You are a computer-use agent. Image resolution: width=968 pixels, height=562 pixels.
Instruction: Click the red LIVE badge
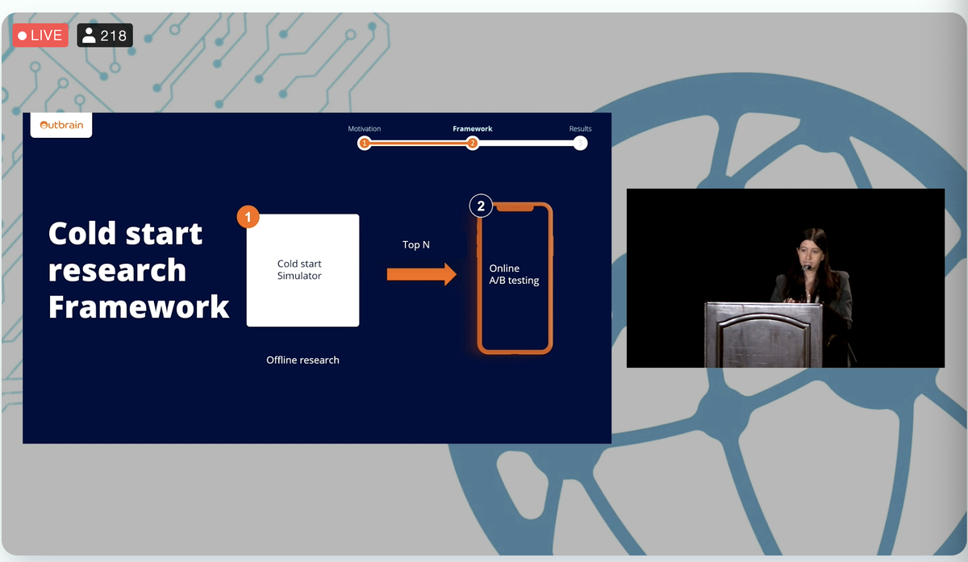pyautogui.click(x=40, y=35)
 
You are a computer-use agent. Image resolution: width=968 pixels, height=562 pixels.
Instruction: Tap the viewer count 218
pyautogui.click(x=105, y=35)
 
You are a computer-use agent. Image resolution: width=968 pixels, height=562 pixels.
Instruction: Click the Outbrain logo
pyautogui.click(x=61, y=125)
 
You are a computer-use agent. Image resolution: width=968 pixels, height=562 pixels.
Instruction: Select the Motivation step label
pyautogui.click(x=365, y=129)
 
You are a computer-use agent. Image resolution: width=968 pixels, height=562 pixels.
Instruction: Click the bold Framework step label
pyautogui.click(x=473, y=129)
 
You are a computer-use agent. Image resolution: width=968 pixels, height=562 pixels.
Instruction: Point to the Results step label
pyautogui.click(x=580, y=129)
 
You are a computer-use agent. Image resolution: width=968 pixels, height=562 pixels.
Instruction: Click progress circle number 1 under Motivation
pyautogui.click(x=365, y=143)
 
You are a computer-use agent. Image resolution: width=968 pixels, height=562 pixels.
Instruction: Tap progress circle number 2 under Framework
pyautogui.click(x=473, y=143)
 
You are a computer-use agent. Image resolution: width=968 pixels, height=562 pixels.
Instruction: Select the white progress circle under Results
pyautogui.click(x=580, y=143)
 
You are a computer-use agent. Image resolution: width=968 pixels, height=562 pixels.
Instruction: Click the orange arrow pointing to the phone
pyautogui.click(x=421, y=274)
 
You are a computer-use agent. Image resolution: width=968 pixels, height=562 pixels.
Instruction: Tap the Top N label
pyautogui.click(x=415, y=245)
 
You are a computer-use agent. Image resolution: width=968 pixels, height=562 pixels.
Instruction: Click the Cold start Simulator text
pyautogui.click(x=299, y=269)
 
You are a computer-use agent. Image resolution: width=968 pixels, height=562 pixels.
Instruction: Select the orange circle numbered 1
pyautogui.click(x=248, y=217)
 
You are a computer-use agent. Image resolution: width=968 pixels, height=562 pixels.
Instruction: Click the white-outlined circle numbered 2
pyautogui.click(x=481, y=206)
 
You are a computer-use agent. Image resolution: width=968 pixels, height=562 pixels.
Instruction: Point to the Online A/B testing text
pyautogui.click(x=514, y=274)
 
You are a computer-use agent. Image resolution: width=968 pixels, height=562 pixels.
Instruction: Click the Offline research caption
pyautogui.click(x=302, y=360)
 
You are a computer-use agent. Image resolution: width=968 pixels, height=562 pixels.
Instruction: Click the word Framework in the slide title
pyautogui.click(x=139, y=306)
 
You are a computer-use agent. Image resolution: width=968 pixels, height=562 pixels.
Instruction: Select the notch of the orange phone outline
pyautogui.click(x=515, y=208)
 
